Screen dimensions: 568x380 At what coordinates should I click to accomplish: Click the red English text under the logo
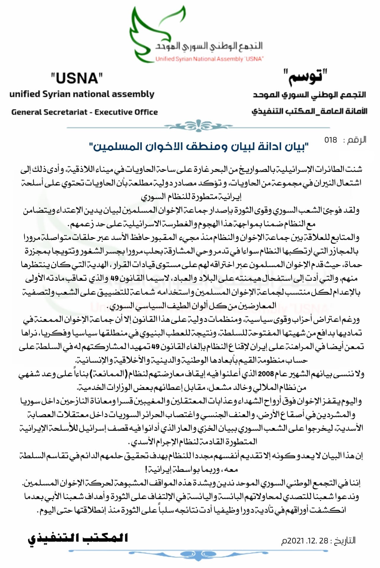[x=209, y=59]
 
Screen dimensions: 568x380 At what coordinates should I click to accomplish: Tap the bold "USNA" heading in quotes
[x=77, y=78]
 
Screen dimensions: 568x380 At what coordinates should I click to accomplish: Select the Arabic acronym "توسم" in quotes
[x=305, y=78]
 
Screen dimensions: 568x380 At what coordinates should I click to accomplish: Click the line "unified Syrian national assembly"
[x=82, y=94]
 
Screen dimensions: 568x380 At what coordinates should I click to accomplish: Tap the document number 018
[x=331, y=140]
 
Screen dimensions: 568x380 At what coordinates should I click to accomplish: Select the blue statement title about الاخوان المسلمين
[x=199, y=147]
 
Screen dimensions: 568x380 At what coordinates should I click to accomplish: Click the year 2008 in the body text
[x=266, y=374]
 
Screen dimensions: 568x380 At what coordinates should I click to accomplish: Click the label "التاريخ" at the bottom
[x=344, y=541]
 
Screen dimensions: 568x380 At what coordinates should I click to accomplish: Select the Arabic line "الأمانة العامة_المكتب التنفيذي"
[x=309, y=112]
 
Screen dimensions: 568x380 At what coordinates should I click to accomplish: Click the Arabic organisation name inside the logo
[x=209, y=46]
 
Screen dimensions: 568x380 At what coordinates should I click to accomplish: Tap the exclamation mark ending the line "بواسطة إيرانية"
[x=146, y=469]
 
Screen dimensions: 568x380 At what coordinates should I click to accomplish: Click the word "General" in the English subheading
[x=26, y=112]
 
